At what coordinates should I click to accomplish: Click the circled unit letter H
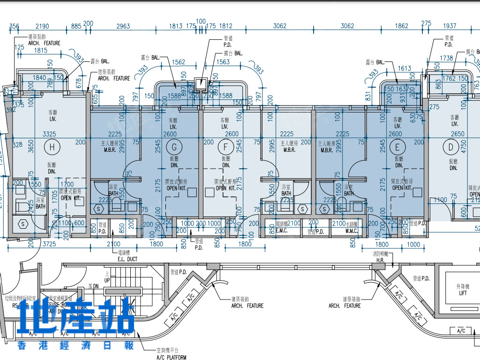tap(52, 148)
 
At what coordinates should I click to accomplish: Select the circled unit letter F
tap(225, 148)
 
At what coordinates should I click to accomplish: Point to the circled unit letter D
tap(451, 148)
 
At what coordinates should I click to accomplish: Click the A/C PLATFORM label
tap(171, 357)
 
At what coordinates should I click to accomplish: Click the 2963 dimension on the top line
tap(123, 26)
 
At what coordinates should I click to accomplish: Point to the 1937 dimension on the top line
tap(449, 26)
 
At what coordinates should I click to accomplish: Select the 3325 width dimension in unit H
tap(49, 134)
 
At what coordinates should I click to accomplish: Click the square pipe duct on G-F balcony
tap(202, 84)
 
